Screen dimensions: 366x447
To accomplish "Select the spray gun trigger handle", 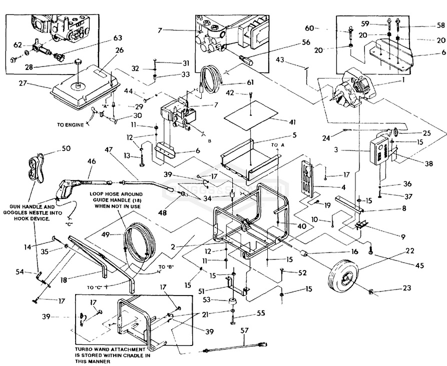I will click(x=65, y=188).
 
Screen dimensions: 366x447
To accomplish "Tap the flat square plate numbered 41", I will click(x=249, y=115).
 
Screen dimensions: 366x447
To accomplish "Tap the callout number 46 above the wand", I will click(x=91, y=161).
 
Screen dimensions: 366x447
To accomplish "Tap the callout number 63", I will click(x=118, y=37).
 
